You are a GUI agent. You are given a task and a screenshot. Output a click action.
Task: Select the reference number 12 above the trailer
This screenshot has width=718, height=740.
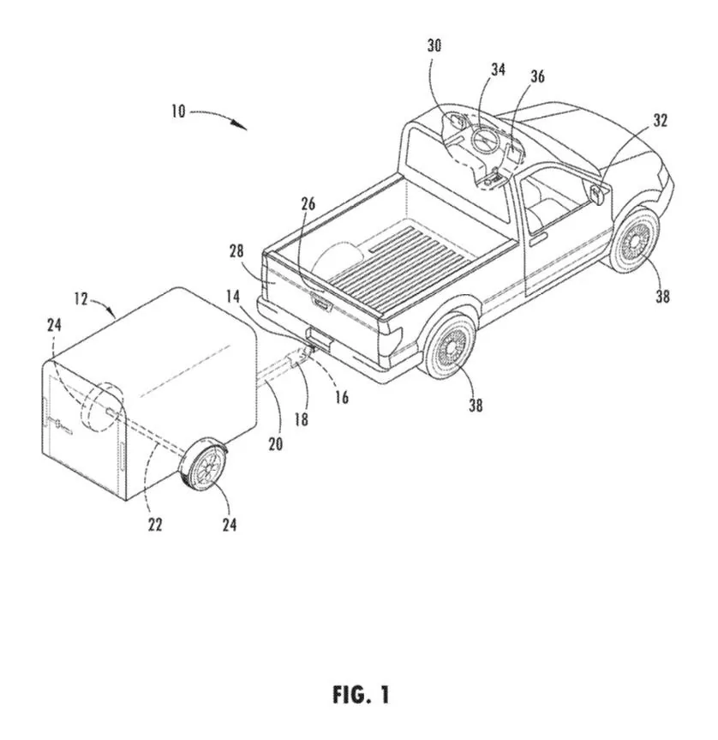pyautogui.click(x=81, y=299)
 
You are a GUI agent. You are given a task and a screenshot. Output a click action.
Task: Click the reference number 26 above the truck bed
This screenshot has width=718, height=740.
pyautogui.click(x=308, y=203)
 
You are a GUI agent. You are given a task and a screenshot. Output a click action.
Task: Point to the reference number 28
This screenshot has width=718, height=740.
pyautogui.click(x=237, y=251)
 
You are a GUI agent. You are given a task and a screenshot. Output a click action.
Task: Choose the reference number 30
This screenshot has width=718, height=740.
pyautogui.click(x=435, y=46)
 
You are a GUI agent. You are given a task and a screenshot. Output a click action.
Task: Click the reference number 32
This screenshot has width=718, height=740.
pyautogui.click(x=660, y=121)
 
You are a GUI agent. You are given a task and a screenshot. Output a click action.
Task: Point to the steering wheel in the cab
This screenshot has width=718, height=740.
pyautogui.click(x=483, y=141)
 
